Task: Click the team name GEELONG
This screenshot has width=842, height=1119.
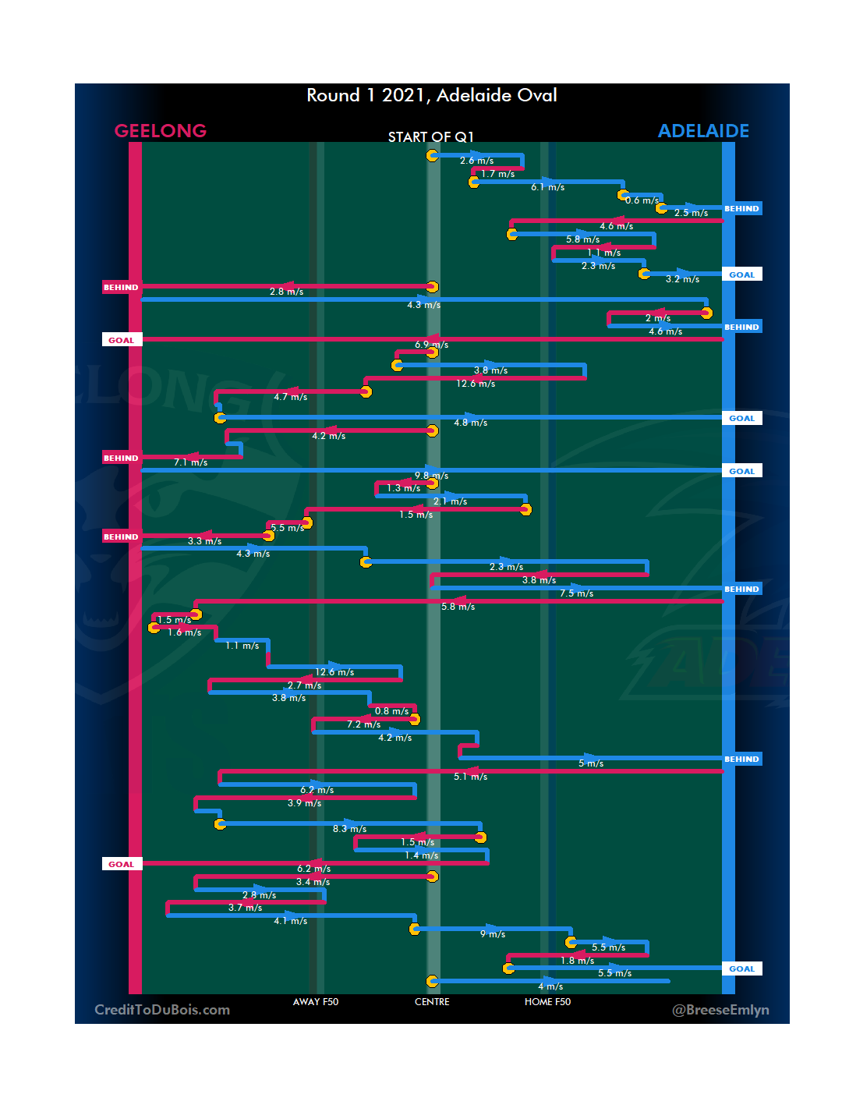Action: pos(161,131)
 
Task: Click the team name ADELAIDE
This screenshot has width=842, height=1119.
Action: pos(703,131)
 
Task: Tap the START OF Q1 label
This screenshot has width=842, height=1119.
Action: pos(430,137)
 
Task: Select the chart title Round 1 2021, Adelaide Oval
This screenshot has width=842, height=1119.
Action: pos(431,95)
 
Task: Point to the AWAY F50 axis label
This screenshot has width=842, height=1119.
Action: pos(316,1002)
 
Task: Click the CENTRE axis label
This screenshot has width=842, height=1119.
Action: pos(432,1002)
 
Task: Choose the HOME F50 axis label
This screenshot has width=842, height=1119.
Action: pos(547,1002)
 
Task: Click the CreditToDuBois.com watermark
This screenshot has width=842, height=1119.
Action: pos(162,1010)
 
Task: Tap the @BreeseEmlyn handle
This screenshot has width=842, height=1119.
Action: pos(720,1010)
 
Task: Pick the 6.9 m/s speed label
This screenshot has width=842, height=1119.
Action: pos(431,345)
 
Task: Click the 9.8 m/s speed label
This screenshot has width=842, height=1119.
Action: pos(431,476)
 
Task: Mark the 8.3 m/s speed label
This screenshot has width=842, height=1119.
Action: pos(349,829)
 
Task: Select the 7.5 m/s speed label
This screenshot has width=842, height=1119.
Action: pos(576,593)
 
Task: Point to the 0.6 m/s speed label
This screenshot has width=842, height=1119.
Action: pos(642,200)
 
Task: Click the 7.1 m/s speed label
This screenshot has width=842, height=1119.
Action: pos(190,462)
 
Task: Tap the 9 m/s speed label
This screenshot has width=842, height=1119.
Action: pos(492,934)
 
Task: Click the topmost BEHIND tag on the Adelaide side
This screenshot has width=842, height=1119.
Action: pos(741,209)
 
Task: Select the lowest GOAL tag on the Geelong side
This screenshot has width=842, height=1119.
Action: pos(122,864)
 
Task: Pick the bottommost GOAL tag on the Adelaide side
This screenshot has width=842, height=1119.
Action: pos(741,969)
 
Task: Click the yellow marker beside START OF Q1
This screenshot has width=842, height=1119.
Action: pos(432,155)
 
